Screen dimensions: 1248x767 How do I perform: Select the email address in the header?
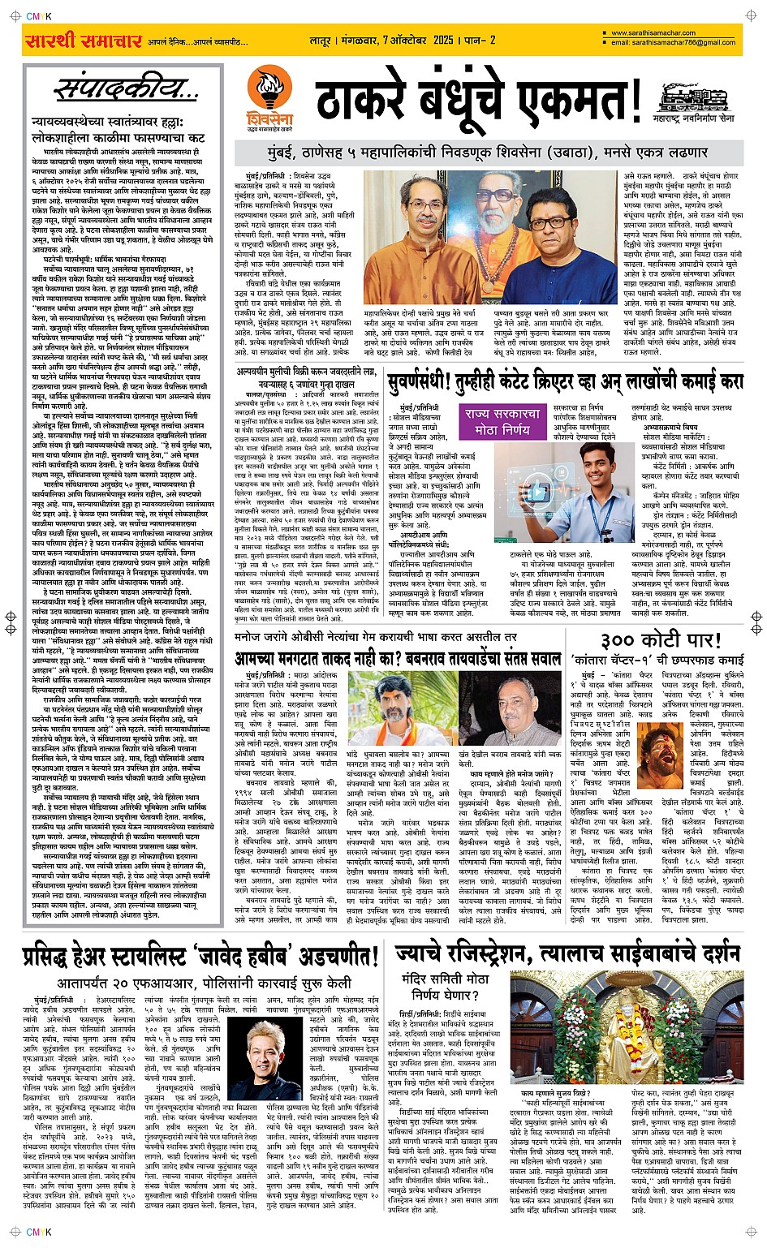pyautogui.click(x=673, y=43)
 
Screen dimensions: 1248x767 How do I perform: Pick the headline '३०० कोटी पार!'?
pyautogui.click(x=658, y=639)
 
